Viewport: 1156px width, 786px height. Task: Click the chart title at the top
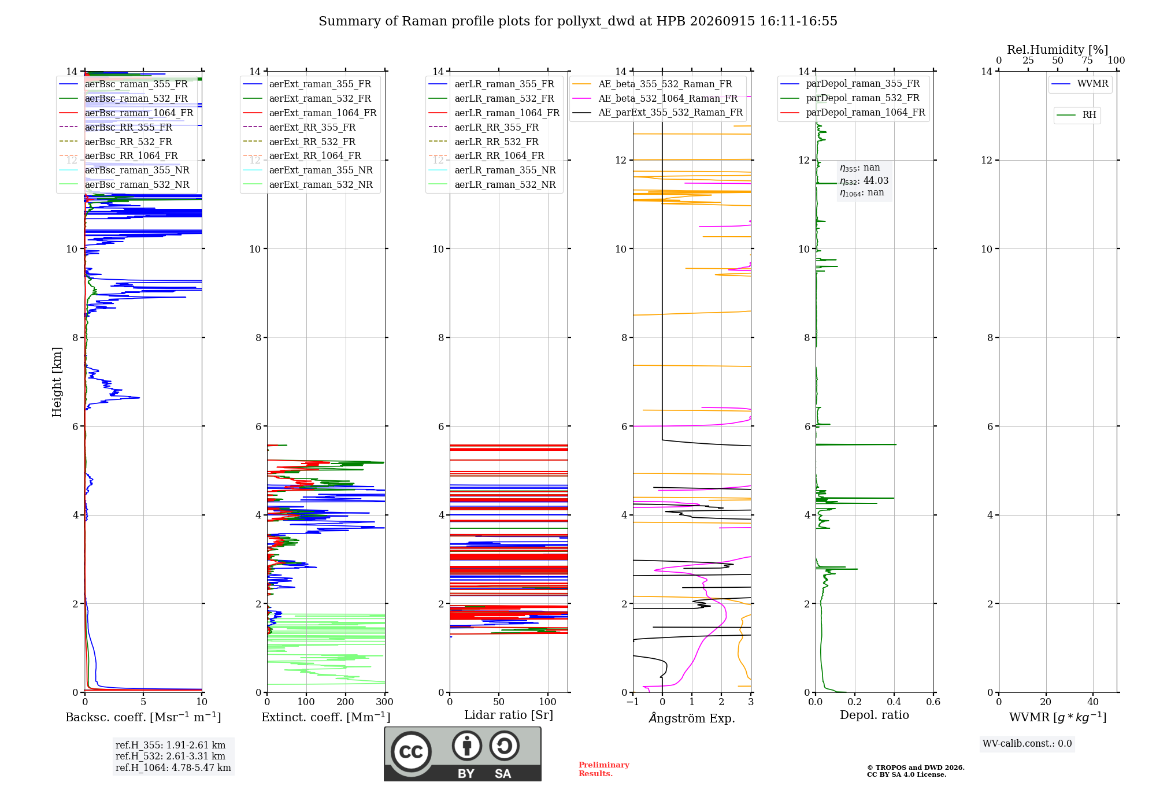click(x=578, y=21)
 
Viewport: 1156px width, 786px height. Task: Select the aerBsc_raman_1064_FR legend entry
click(x=127, y=113)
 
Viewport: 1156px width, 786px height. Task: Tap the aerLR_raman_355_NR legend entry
click(x=492, y=170)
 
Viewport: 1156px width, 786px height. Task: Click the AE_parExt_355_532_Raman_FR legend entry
click(x=658, y=112)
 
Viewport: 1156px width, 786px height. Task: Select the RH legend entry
click(x=1077, y=115)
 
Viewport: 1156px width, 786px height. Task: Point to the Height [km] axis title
click(x=57, y=382)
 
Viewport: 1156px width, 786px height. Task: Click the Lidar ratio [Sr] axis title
click(x=509, y=715)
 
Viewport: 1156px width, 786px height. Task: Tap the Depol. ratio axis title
click(x=875, y=715)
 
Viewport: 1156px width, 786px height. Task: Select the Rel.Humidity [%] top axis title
click(x=1058, y=50)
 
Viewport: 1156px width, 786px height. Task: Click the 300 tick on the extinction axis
click(x=384, y=702)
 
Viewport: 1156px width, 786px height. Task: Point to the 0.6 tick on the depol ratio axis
click(x=933, y=702)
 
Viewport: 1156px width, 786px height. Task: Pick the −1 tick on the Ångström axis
click(x=633, y=702)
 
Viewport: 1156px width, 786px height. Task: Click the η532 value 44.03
click(x=876, y=180)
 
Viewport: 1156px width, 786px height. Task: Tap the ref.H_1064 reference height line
click(x=173, y=768)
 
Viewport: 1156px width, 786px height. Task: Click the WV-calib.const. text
click(x=1027, y=744)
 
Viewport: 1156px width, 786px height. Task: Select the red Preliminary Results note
click(x=604, y=769)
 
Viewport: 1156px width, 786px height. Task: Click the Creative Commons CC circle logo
click(x=411, y=752)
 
